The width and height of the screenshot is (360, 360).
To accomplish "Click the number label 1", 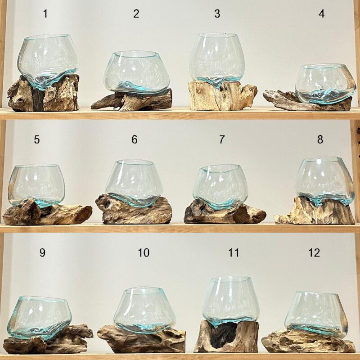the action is click(45, 13).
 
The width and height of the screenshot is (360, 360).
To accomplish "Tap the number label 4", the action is click(321, 13).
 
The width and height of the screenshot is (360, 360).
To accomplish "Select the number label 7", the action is click(221, 139).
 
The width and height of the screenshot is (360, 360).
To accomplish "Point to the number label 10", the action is click(144, 252).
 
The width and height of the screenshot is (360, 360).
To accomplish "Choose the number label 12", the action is click(314, 252).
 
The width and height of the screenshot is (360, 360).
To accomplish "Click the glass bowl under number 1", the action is click(48, 61).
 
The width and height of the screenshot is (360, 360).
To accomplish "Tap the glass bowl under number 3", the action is click(217, 60).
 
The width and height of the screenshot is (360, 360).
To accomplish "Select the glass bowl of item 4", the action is click(325, 83).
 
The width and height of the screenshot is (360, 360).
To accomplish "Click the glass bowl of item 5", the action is click(36, 185).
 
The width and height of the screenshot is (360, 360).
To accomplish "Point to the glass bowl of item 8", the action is click(324, 181).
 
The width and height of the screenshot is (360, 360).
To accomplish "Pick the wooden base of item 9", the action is click(48, 339).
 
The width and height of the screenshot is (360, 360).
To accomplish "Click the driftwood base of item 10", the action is click(141, 339).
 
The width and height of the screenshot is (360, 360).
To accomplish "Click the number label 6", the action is click(135, 139).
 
